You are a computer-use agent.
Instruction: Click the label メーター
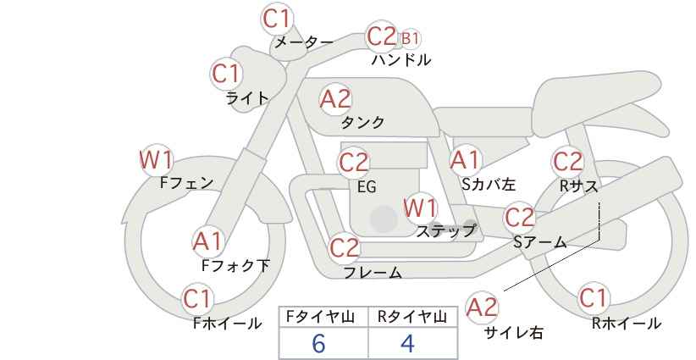click(304, 42)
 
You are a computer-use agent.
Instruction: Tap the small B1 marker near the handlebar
click(410, 39)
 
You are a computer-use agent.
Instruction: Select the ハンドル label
click(401, 60)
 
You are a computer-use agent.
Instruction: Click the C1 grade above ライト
click(226, 74)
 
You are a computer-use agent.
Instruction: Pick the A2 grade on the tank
click(335, 99)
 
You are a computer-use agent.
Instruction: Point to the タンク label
click(362, 122)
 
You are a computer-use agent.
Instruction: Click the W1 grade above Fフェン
click(157, 160)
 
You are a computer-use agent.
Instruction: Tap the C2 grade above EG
click(353, 163)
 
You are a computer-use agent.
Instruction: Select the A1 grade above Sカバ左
click(465, 160)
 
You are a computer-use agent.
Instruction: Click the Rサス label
click(579, 186)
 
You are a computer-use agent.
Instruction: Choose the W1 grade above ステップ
click(420, 208)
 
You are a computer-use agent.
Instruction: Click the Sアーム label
click(540, 242)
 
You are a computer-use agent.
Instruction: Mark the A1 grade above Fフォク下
click(207, 242)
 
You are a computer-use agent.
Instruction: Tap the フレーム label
click(373, 273)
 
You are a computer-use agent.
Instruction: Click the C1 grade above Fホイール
click(197, 299)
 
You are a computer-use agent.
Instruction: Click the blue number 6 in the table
click(318, 343)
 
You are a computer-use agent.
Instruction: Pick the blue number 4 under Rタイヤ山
click(407, 343)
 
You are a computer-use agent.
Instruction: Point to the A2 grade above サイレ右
click(482, 307)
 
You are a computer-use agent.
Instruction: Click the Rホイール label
click(627, 324)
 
